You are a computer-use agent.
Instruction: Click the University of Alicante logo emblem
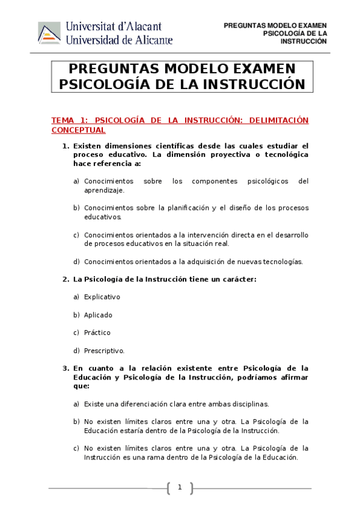[x=49, y=32]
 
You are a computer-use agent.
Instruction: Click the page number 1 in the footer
[x=179, y=487]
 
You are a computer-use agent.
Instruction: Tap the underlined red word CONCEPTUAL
[x=78, y=130]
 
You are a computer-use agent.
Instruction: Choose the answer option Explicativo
[x=102, y=296]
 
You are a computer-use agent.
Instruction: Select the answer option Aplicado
[x=98, y=315]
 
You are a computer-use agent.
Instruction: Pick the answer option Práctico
[x=97, y=333]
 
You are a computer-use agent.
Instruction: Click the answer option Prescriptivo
[x=104, y=351]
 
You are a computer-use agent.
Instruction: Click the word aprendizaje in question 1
[x=104, y=190]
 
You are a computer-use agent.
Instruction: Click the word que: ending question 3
[x=81, y=386]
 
